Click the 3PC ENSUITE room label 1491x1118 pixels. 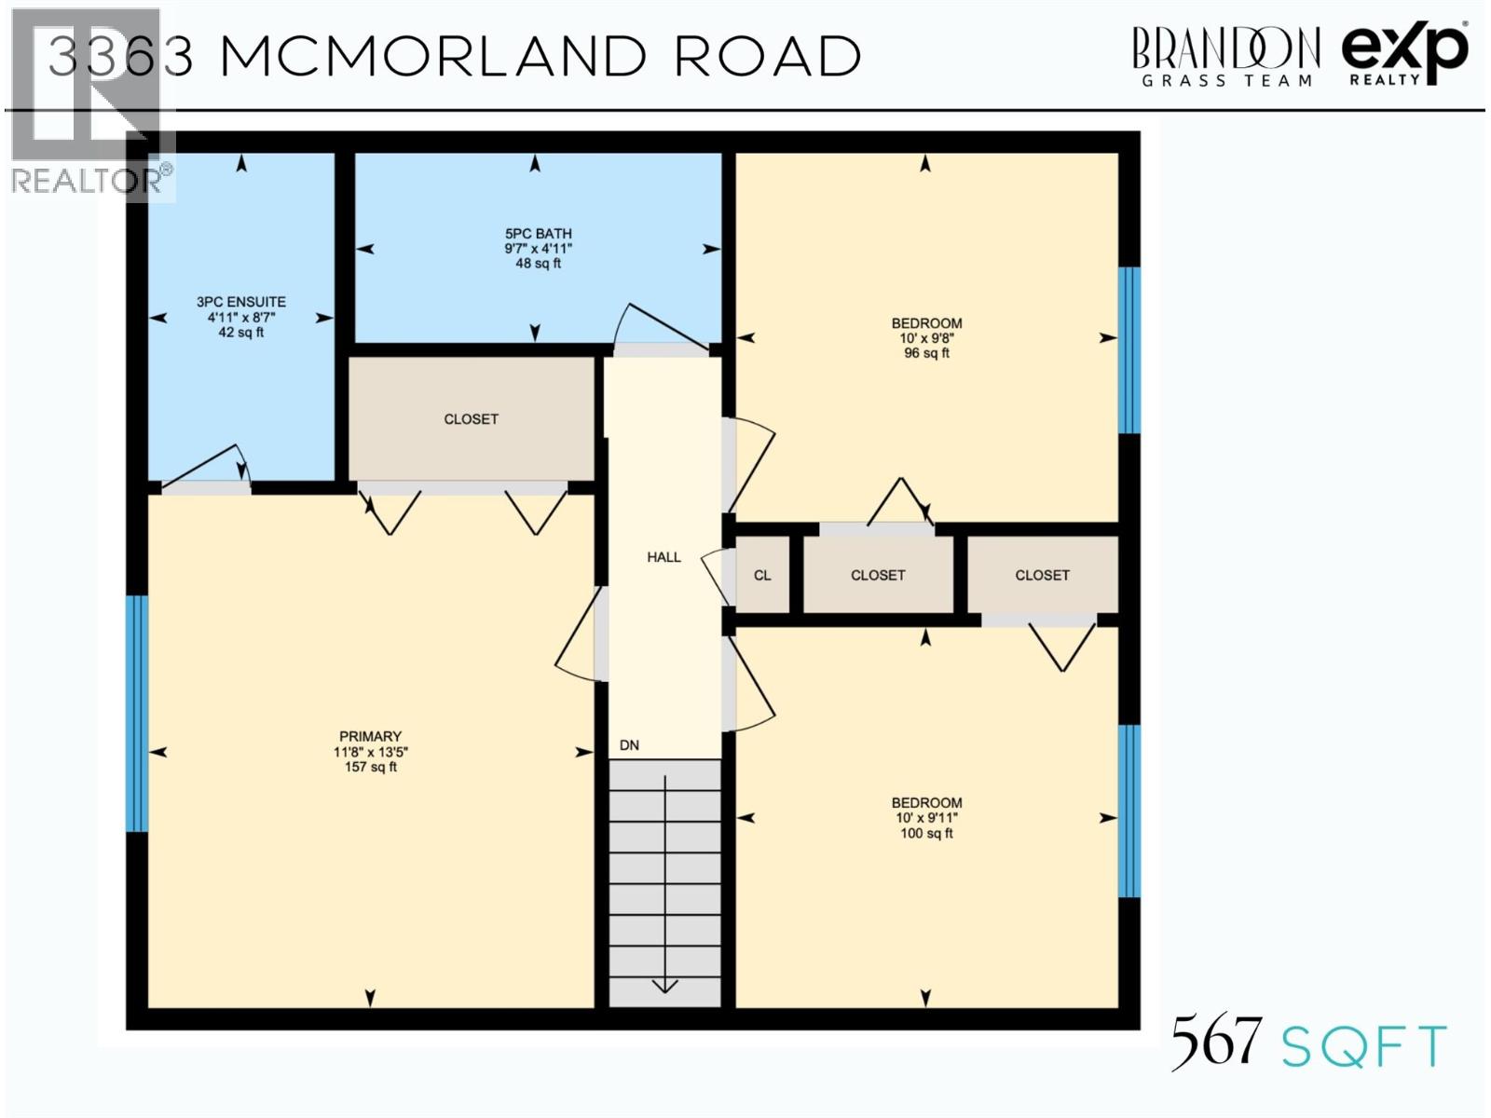(x=241, y=302)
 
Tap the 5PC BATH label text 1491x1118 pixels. (x=538, y=234)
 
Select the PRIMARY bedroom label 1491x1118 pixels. (x=370, y=736)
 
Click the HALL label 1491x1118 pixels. (x=663, y=557)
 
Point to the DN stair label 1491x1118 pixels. (x=629, y=745)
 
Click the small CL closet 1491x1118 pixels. (x=762, y=576)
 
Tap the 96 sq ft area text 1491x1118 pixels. (x=926, y=353)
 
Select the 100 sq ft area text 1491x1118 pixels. (x=926, y=833)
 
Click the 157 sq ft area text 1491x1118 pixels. (x=370, y=767)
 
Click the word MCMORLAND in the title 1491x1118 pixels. (x=433, y=58)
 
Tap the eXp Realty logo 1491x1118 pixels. (x=1404, y=54)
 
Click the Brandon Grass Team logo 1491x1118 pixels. (x=1225, y=56)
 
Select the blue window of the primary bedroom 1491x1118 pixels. (x=137, y=713)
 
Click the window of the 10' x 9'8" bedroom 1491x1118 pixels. (x=1129, y=350)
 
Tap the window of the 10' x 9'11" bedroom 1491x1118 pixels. (x=1129, y=811)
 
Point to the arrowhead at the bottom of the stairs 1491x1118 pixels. (x=664, y=986)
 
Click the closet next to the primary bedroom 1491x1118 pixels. (x=471, y=419)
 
